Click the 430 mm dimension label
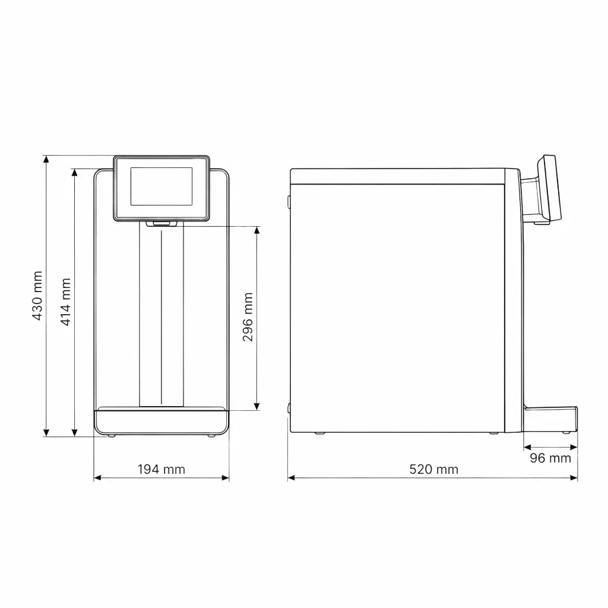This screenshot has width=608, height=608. pos(37,296)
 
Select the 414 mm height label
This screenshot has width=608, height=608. pos(65,302)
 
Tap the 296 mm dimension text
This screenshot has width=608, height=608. pos(248,317)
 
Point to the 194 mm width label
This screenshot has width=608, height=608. pos(161,469)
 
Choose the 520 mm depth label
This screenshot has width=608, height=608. pos(434,469)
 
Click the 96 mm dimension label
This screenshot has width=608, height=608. pos(550,458)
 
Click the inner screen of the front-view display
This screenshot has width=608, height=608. pos(161,186)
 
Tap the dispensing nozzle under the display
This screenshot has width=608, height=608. pos(161,223)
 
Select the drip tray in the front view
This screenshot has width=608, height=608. pos(161,421)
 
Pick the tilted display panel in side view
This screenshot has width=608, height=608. pos(549,188)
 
